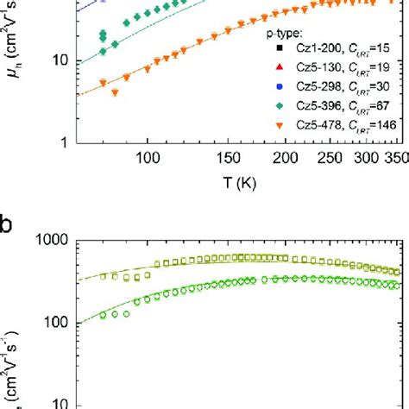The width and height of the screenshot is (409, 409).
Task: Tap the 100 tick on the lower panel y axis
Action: pyautogui.click(x=53, y=323)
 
